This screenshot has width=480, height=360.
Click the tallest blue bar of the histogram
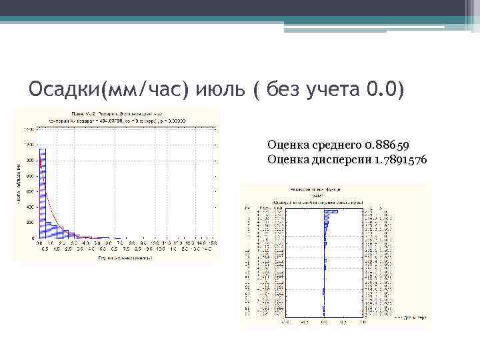coord(41,193)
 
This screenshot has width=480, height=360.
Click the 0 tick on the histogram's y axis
coord(33,237)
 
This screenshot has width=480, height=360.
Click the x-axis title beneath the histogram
coord(123,257)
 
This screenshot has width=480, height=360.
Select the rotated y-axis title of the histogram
coord(17,183)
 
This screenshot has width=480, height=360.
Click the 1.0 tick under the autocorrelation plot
coord(361,321)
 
